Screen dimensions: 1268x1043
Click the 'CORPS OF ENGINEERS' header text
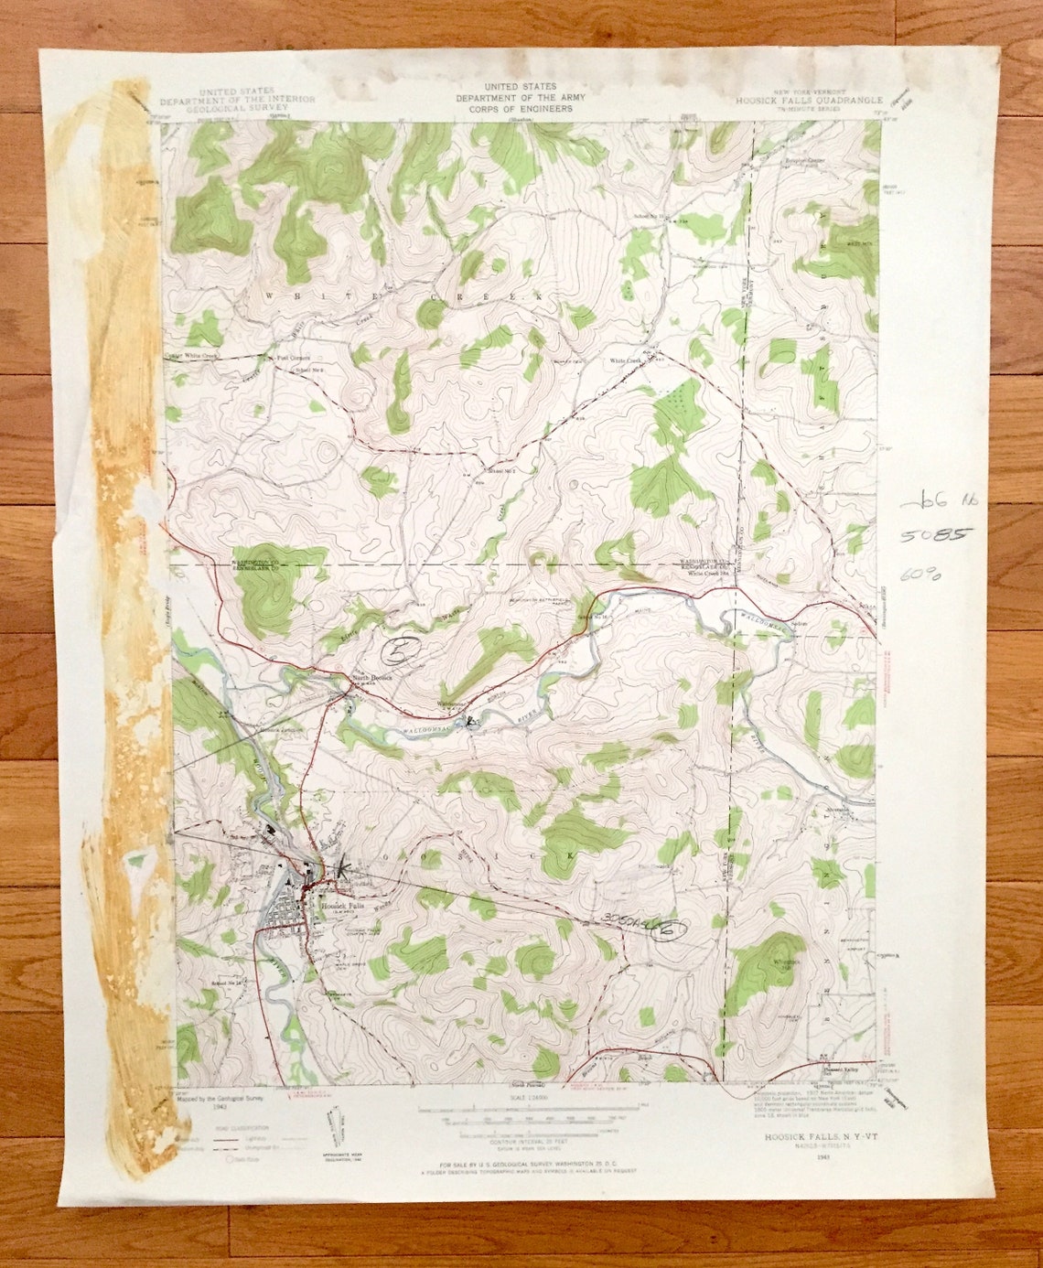[521, 109]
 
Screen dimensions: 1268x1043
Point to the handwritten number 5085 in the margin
[923, 535]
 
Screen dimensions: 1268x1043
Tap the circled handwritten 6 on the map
[670, 930]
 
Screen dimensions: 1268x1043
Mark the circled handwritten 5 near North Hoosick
[399, 651]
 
